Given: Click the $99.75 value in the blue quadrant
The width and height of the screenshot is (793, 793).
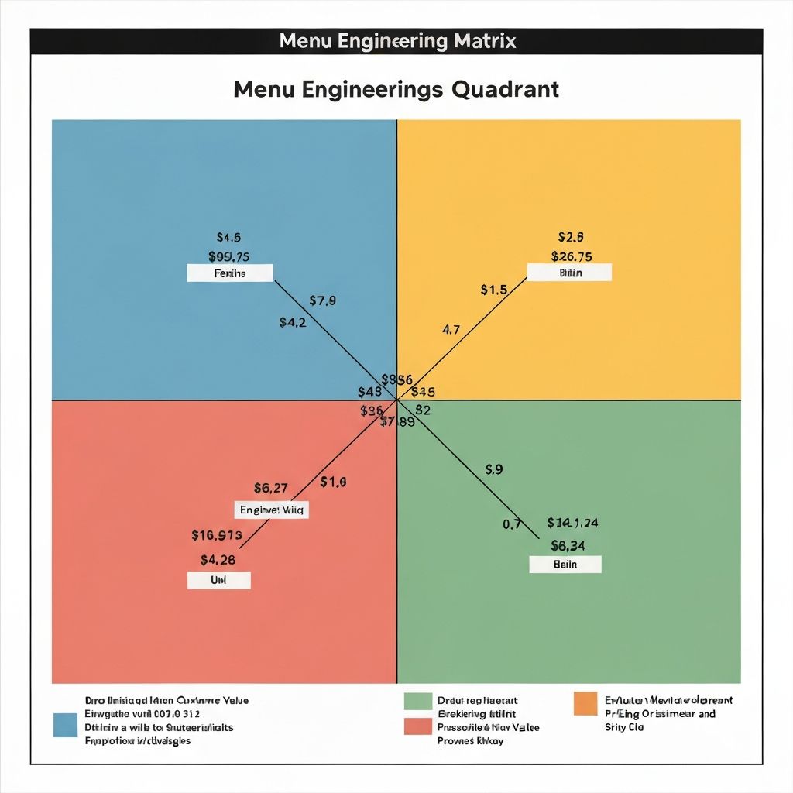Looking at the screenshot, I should point(228,256).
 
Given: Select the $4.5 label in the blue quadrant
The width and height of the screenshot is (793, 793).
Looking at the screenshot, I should point(228,238).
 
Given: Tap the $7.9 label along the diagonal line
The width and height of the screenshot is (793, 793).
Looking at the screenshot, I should point(322,300).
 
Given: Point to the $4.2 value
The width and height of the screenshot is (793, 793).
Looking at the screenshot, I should point(293,322).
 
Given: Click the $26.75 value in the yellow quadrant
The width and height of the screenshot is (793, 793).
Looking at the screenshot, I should point(572,256).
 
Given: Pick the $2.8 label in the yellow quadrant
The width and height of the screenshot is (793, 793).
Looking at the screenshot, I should point(571,237).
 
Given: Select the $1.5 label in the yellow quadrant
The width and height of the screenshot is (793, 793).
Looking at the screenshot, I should point(493,290).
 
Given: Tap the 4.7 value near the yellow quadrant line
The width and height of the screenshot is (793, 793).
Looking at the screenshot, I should point(451,329).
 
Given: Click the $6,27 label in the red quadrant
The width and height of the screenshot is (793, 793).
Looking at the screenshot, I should point(271,488).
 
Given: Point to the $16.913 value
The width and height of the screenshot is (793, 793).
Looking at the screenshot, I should point(217,534).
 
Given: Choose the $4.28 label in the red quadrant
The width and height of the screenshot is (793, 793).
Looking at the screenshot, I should point(218,559).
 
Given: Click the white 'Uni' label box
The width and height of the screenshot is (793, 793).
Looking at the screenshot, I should point(219,580).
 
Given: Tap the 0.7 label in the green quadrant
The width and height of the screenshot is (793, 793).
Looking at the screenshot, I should point(512,524).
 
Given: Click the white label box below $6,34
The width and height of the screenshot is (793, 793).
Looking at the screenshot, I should point(565,565).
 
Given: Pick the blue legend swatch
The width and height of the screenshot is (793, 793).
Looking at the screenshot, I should point(66,725).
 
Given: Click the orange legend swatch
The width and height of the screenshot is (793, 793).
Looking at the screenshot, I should point(585,704).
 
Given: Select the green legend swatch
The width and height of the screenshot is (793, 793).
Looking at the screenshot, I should point(417,701).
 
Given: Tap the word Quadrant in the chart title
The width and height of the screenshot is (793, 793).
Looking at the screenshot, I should point(505,89).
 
